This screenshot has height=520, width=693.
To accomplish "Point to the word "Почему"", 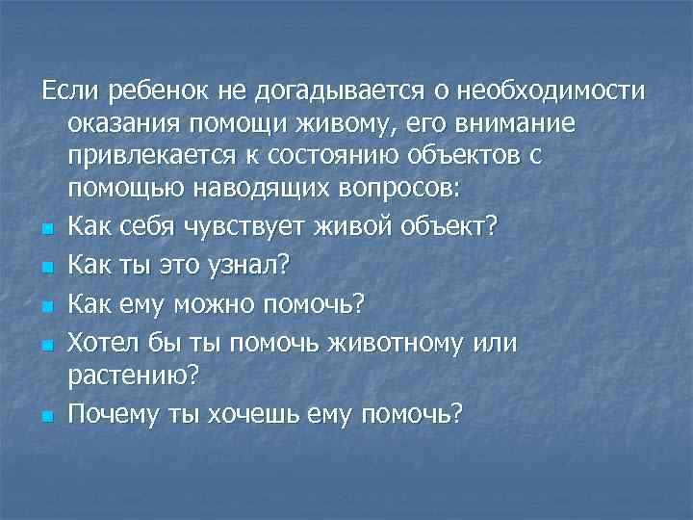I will (117, 414).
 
